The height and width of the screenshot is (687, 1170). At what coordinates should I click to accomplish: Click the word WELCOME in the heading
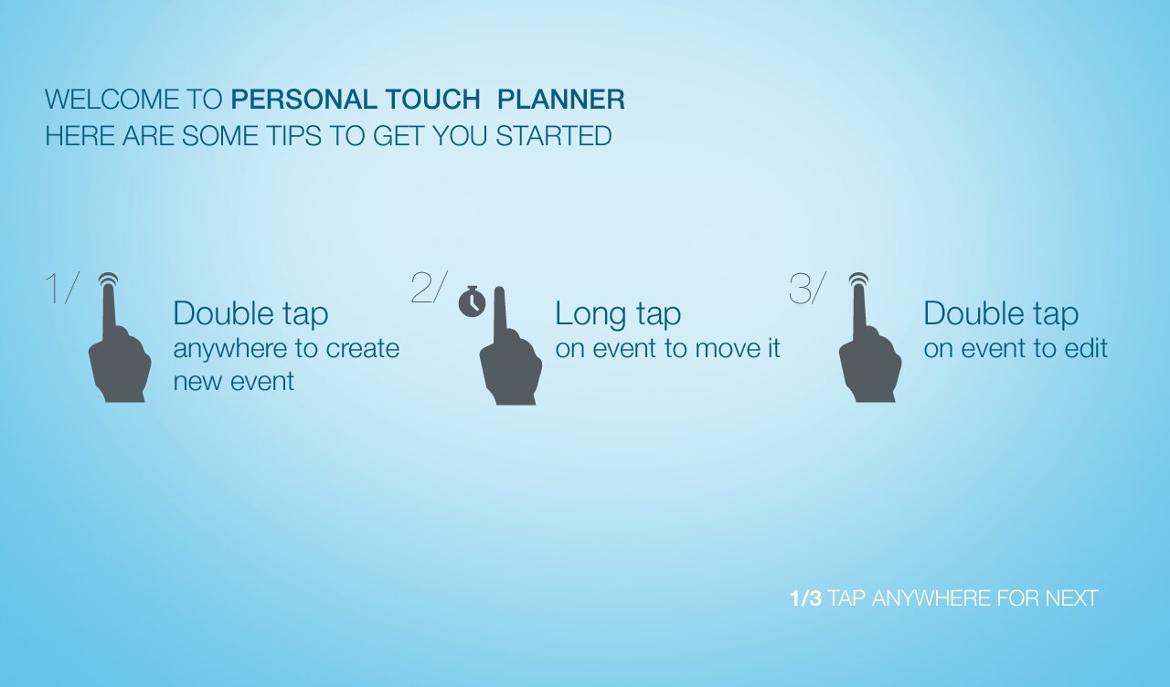(112, 100)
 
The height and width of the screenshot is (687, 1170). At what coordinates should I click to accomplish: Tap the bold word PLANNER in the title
(561, 100)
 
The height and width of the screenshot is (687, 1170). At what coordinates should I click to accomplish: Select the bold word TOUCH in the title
(433, 100)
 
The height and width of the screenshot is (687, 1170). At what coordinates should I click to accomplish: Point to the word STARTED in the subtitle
(554, 136)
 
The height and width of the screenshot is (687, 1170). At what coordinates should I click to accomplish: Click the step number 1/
(62, 287)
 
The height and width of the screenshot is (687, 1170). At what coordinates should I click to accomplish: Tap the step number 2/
(430, 287)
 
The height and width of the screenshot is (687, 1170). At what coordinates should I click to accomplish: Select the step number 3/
(807, 287)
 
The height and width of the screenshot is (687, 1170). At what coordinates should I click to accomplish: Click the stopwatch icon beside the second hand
(473, 301)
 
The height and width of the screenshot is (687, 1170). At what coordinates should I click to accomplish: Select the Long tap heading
(618, 314)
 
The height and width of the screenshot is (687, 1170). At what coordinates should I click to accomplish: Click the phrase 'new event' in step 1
(233, 381)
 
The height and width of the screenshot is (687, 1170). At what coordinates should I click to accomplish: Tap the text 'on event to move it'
(667, 348)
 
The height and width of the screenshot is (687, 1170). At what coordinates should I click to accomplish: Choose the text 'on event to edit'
(1016, 348)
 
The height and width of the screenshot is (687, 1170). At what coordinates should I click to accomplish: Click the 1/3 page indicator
(805, 598)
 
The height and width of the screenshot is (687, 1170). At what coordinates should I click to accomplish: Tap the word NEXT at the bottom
(1071, 598)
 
